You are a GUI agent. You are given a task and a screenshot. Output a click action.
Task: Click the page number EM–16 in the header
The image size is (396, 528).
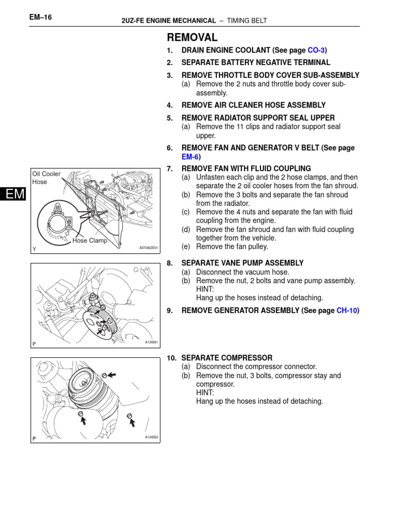click(41, 17)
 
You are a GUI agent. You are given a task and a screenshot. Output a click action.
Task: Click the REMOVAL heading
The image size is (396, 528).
click(192, 37)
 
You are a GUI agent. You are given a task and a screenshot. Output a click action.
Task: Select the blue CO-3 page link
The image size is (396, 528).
click(316, 50)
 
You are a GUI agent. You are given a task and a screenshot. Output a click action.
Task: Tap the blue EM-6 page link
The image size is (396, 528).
click(190, 157)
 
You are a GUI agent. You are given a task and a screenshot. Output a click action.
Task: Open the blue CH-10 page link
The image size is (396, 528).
click(346, 310)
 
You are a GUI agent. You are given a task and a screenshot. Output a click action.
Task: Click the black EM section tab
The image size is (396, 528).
click(12, 194)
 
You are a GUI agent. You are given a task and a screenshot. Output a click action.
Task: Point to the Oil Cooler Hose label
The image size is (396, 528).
click(46, 178)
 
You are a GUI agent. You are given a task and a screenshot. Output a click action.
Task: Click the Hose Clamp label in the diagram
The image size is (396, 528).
click(90, 240)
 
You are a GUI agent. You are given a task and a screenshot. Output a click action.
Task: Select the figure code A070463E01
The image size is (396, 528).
click(148, 248)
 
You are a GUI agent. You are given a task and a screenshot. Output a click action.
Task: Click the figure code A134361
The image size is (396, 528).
click(151, 342)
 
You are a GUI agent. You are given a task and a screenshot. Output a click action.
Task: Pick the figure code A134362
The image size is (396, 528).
click(151, 437)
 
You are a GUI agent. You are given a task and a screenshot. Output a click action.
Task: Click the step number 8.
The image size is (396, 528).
click(169, 263)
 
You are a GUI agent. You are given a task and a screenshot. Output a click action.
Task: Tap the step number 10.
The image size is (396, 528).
click(171, 358)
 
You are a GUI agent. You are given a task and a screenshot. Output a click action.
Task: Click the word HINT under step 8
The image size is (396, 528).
click(205, 289)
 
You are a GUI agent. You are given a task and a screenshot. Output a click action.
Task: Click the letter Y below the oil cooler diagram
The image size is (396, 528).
click(34, 249)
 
